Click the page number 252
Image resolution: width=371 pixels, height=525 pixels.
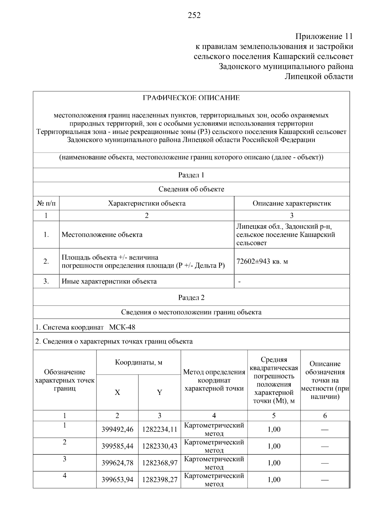pos(194,15)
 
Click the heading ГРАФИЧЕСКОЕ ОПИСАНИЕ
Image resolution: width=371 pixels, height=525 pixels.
pos(191,98)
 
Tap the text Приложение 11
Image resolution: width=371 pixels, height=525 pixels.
pos(324,36)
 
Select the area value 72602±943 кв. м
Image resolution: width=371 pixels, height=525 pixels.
pos(262,261)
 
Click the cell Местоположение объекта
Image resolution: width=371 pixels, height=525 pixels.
pos(102,235)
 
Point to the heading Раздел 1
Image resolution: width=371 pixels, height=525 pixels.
pos(191,175)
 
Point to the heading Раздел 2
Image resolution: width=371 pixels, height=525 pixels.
pos(191,298)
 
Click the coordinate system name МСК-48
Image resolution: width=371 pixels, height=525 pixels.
pos(122,327)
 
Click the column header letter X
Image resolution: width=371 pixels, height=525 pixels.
pos(117,393)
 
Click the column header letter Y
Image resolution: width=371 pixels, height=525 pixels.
pos(160,393)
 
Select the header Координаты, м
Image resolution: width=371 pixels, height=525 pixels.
pos(139,362)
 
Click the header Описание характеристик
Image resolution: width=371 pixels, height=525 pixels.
pos(292,203)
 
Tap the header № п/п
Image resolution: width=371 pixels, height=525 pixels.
pos(46,203)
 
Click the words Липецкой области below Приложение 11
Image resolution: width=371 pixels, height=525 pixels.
pos(319,76)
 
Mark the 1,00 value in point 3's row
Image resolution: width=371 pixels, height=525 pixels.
pos(274,463)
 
